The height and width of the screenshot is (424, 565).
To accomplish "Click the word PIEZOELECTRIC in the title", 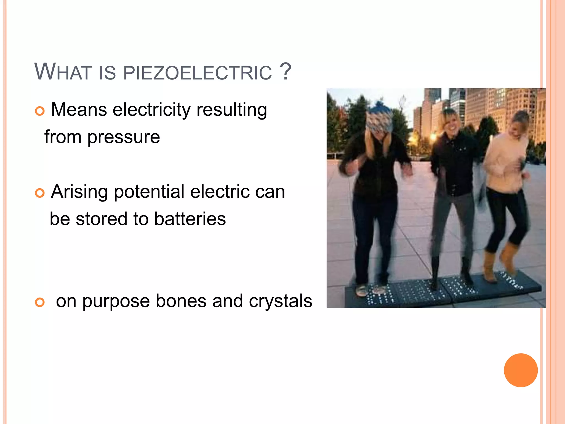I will pyautogui.click(x=198, y=73).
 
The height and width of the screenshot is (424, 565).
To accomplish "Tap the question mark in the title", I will pyautogui.click(x=285, y=71).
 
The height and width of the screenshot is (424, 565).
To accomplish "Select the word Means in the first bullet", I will pyautogui.click(x=79, y=110).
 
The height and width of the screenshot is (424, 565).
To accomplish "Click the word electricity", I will pyautogui.click(x=151, y=110).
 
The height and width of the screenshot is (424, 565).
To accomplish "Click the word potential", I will pyautogui.click(x=149, y=192).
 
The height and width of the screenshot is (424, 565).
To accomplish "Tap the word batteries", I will pyautogui.click(x=190, y=219).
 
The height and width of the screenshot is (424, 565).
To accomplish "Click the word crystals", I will pyautogui.click(x=281, y=301).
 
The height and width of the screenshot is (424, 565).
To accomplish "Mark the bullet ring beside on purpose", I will pyautogui.click(x=40, y=302).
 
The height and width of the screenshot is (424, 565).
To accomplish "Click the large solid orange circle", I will pyautogui.click(x=521, y=370).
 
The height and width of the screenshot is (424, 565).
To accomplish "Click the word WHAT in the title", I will pyautogui.click(x=63, y=72).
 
